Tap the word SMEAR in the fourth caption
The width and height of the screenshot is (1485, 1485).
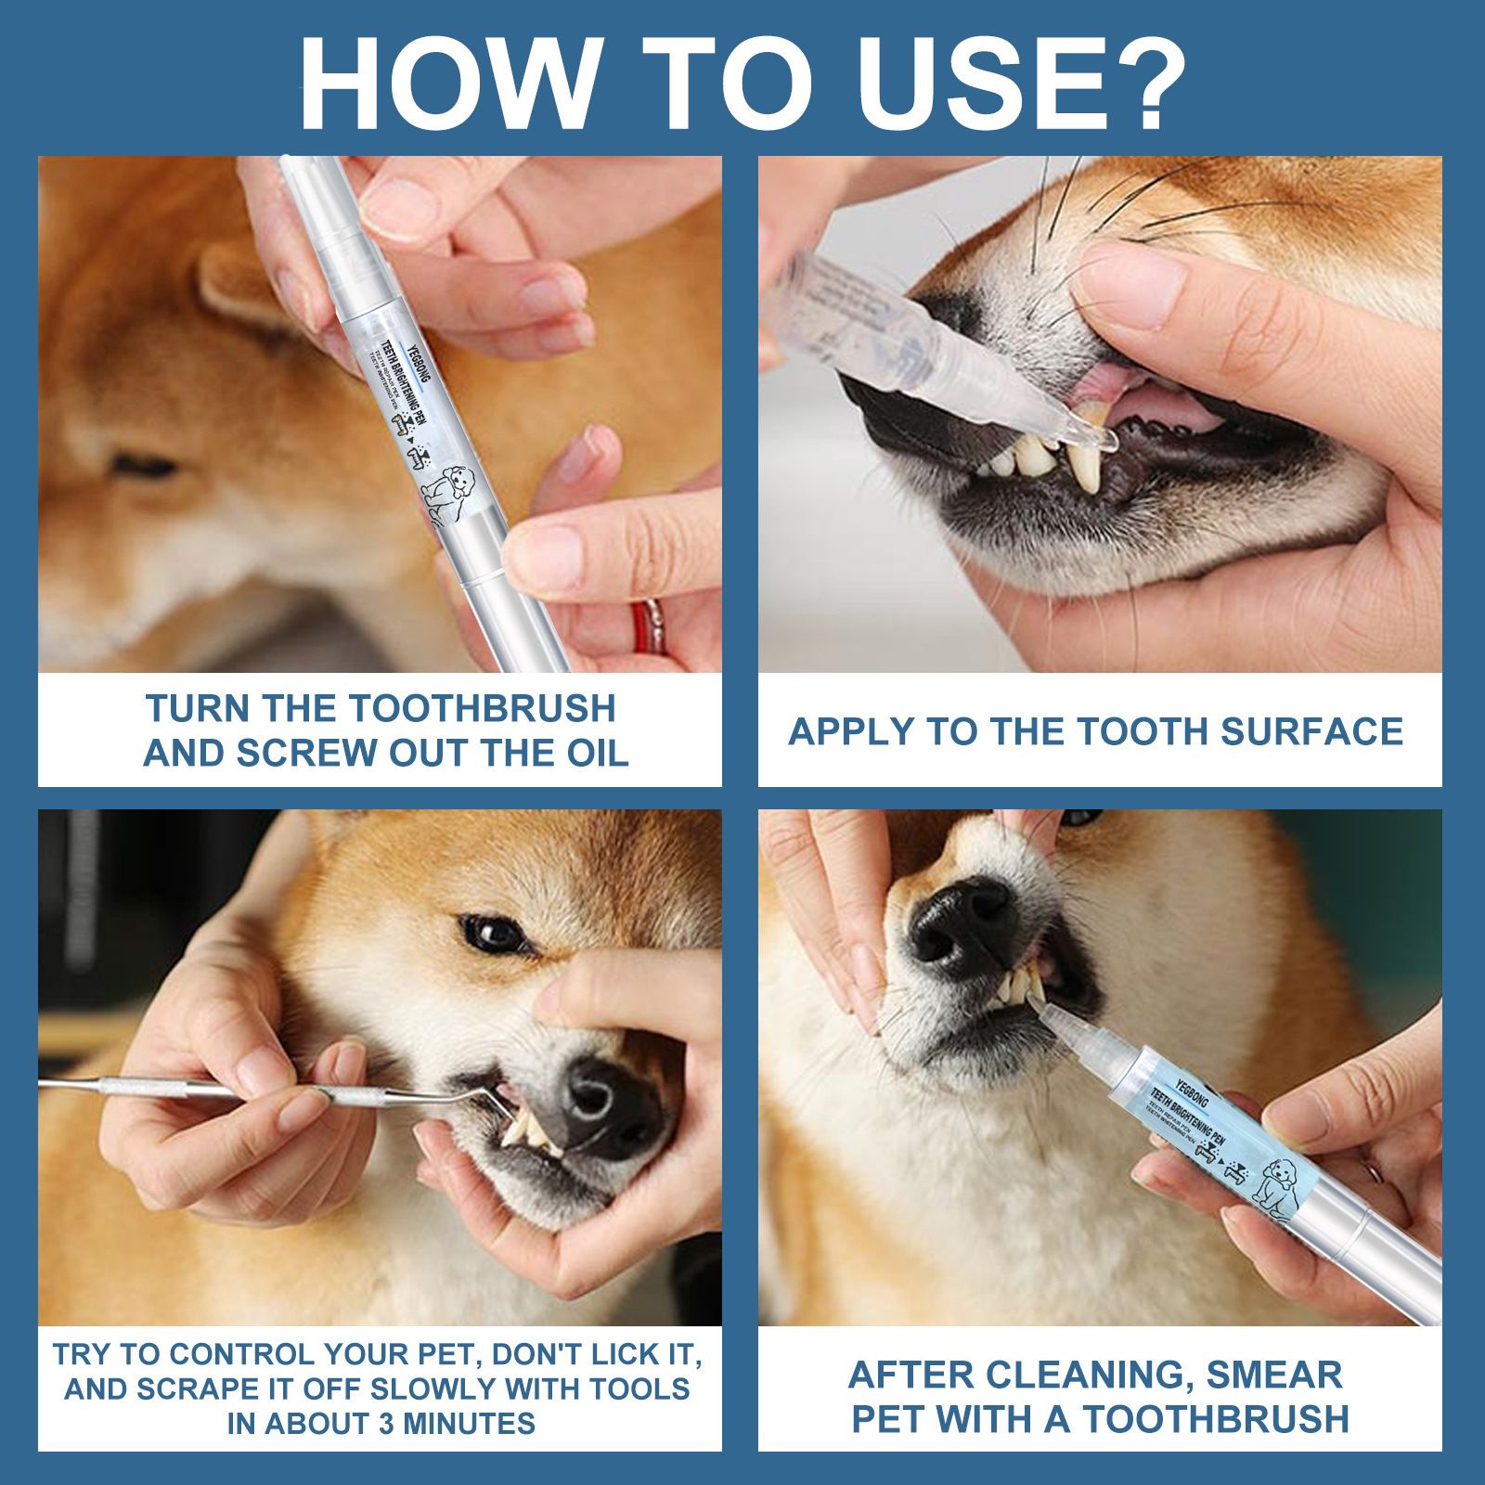coord(1272,1375)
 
